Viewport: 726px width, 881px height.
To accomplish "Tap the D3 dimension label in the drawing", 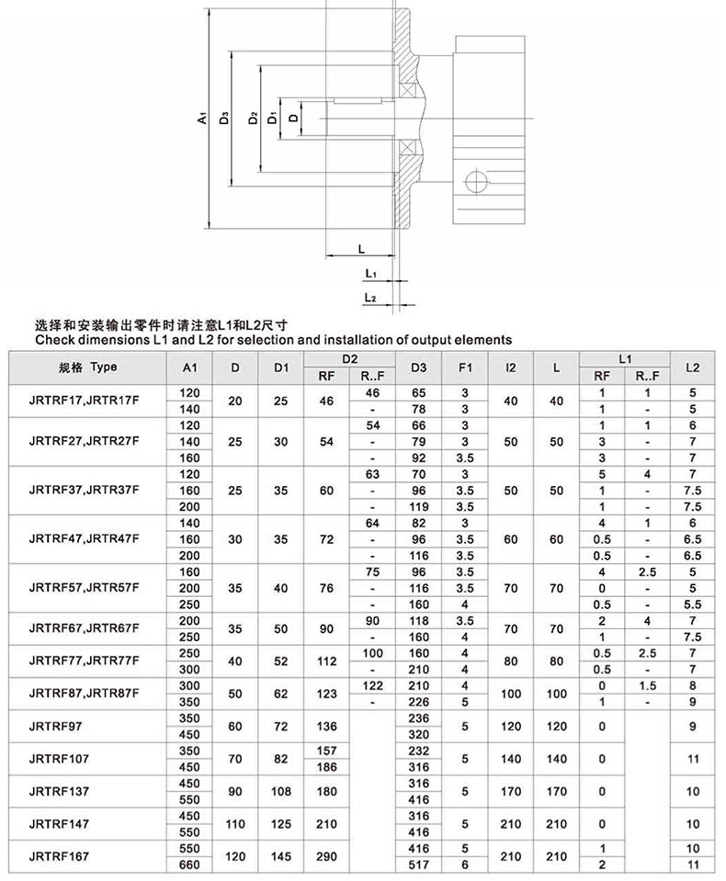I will (225, 118).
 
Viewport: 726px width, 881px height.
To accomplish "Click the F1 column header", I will (465, 367).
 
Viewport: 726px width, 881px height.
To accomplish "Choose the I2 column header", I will (511, 367).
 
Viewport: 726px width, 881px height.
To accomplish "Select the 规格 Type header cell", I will (88, 367).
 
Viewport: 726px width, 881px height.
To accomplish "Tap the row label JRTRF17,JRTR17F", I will (84, 401).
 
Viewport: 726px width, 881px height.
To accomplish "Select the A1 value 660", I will (189, 864).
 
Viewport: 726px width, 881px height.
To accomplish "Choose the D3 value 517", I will (419, 864).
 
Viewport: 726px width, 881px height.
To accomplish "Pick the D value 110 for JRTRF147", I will (236, 823).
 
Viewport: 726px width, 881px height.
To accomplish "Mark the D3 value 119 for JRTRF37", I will (419, 506).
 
